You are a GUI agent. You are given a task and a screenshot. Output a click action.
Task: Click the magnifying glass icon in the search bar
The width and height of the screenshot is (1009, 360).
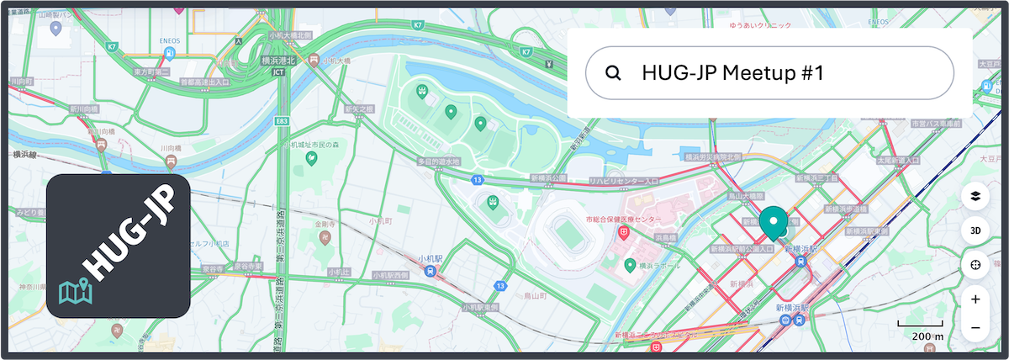(613, 73)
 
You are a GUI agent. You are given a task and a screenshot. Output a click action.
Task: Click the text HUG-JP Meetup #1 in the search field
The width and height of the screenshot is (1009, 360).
(731, 73)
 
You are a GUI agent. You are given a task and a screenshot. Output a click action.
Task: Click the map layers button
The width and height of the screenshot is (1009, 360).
(975, 196)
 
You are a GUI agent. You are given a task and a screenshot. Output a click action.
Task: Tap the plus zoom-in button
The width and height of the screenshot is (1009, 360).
(975, 299)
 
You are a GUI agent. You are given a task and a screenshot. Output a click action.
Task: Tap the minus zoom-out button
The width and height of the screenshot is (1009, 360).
(975, 327)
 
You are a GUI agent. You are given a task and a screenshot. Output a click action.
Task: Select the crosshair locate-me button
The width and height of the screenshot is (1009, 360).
(975, 265)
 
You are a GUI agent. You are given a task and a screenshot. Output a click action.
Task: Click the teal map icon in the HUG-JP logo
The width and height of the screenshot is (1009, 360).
(76, 291)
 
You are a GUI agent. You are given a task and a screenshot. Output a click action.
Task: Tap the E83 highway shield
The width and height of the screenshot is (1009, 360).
(282, 122)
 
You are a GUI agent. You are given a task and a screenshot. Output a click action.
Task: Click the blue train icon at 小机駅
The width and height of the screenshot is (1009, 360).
(431, 271)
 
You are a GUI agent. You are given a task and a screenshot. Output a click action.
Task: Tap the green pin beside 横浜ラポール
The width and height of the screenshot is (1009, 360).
(629, 266)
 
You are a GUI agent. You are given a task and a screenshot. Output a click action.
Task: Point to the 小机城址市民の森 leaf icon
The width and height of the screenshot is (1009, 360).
(310, 157)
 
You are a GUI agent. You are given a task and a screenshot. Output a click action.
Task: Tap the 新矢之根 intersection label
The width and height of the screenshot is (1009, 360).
(358, 109)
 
